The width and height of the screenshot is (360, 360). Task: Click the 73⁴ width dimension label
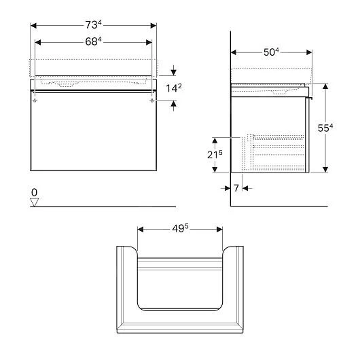[93, 25]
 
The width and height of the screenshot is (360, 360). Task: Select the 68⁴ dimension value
[93, 41]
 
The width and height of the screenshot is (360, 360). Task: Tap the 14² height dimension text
[174, 88]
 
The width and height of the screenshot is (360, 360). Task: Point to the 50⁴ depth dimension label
[271, 52]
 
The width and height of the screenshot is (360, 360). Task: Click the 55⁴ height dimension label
[325, 128]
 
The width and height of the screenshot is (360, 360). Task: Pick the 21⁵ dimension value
[215, 155]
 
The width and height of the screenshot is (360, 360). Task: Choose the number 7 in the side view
[236, 188]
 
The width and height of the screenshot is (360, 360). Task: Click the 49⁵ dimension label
[180, 228]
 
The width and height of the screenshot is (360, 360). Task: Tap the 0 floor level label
[34, 192]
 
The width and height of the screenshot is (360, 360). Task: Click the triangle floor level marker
[34, 202]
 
